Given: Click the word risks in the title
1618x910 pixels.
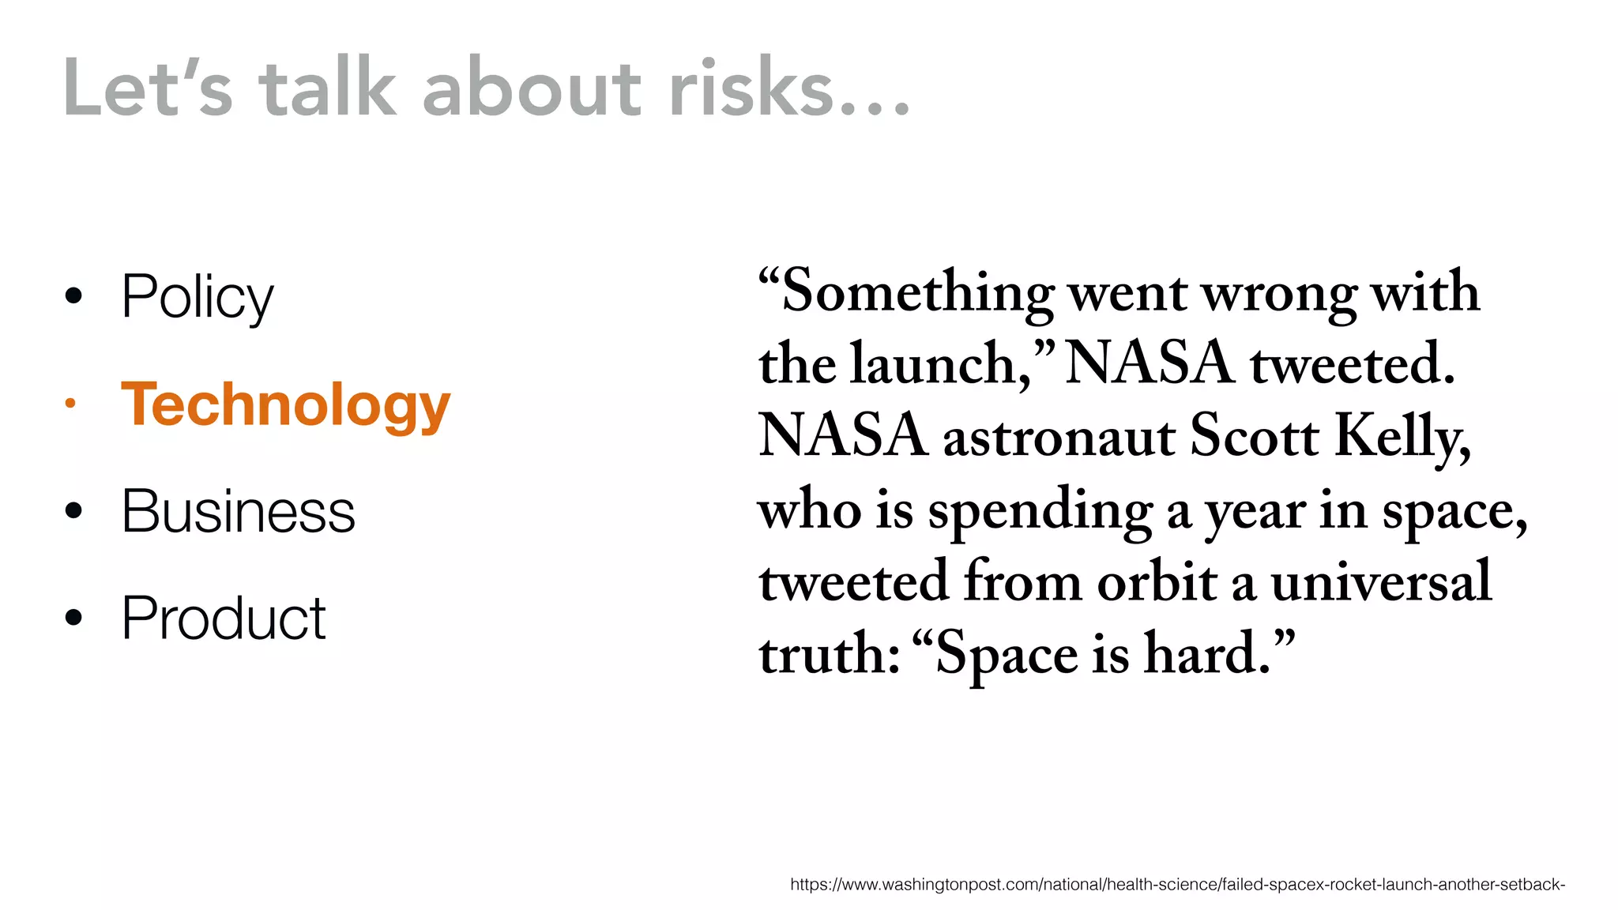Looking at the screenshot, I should pos(751,88).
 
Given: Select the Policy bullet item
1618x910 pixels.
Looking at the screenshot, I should pos(197,297).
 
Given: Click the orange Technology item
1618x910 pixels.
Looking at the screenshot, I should pos(285,404).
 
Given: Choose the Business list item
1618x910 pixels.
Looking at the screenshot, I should pos(238,511).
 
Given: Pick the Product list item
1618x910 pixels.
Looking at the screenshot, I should pos(224,618).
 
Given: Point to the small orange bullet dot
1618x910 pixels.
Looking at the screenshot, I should pos(71,404).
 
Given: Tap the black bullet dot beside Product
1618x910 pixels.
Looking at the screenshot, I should pos(73,617).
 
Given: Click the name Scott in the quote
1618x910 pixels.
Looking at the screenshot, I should pos(1254,435).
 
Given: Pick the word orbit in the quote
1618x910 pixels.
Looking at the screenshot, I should pos(1157,581).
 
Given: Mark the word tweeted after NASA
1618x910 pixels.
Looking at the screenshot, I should pos(1352,364).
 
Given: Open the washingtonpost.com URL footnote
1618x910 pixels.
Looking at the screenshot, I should pos(1177,885).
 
